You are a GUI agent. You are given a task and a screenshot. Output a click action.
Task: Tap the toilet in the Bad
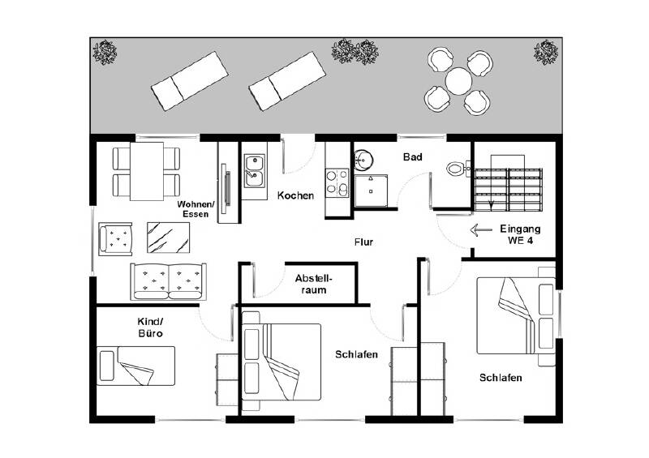[456, 169]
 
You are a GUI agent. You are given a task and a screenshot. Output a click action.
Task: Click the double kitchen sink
[255, 168]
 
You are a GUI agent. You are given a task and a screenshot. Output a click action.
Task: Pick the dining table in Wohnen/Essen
[147, 172]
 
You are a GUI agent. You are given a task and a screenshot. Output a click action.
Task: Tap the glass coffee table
[168, 238]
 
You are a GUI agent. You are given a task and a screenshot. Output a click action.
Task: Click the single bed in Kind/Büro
[135, 365]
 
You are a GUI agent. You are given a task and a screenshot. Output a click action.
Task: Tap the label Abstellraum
[313, 283]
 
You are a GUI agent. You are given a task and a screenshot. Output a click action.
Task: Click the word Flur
[363, 242]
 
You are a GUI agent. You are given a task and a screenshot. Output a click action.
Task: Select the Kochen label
[295, 196]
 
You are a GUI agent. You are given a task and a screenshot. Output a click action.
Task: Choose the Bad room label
[412, 158]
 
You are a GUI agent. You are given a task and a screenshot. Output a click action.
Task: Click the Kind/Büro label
[151, 327]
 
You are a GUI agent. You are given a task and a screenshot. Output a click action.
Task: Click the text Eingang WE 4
[520, 234]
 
